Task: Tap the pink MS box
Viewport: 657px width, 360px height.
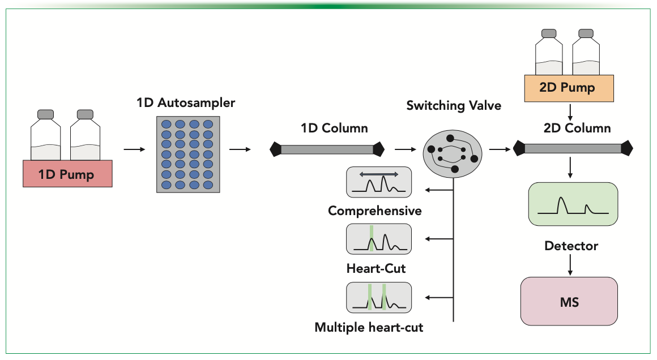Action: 569,301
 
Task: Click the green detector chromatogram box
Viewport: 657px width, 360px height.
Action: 572,204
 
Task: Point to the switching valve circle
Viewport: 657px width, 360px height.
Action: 452,153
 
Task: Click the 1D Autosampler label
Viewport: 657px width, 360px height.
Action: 185,103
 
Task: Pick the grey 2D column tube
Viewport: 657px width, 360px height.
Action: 573,149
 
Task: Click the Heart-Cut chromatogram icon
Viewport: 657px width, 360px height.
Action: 379,239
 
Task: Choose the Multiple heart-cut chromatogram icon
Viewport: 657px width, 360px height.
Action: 379,297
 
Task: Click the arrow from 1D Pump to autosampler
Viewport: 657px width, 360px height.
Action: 134,149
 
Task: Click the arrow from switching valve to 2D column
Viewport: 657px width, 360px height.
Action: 498,149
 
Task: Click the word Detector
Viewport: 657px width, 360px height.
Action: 571,246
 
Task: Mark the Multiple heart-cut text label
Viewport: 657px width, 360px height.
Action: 369,327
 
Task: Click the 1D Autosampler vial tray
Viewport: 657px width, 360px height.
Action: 187,154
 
